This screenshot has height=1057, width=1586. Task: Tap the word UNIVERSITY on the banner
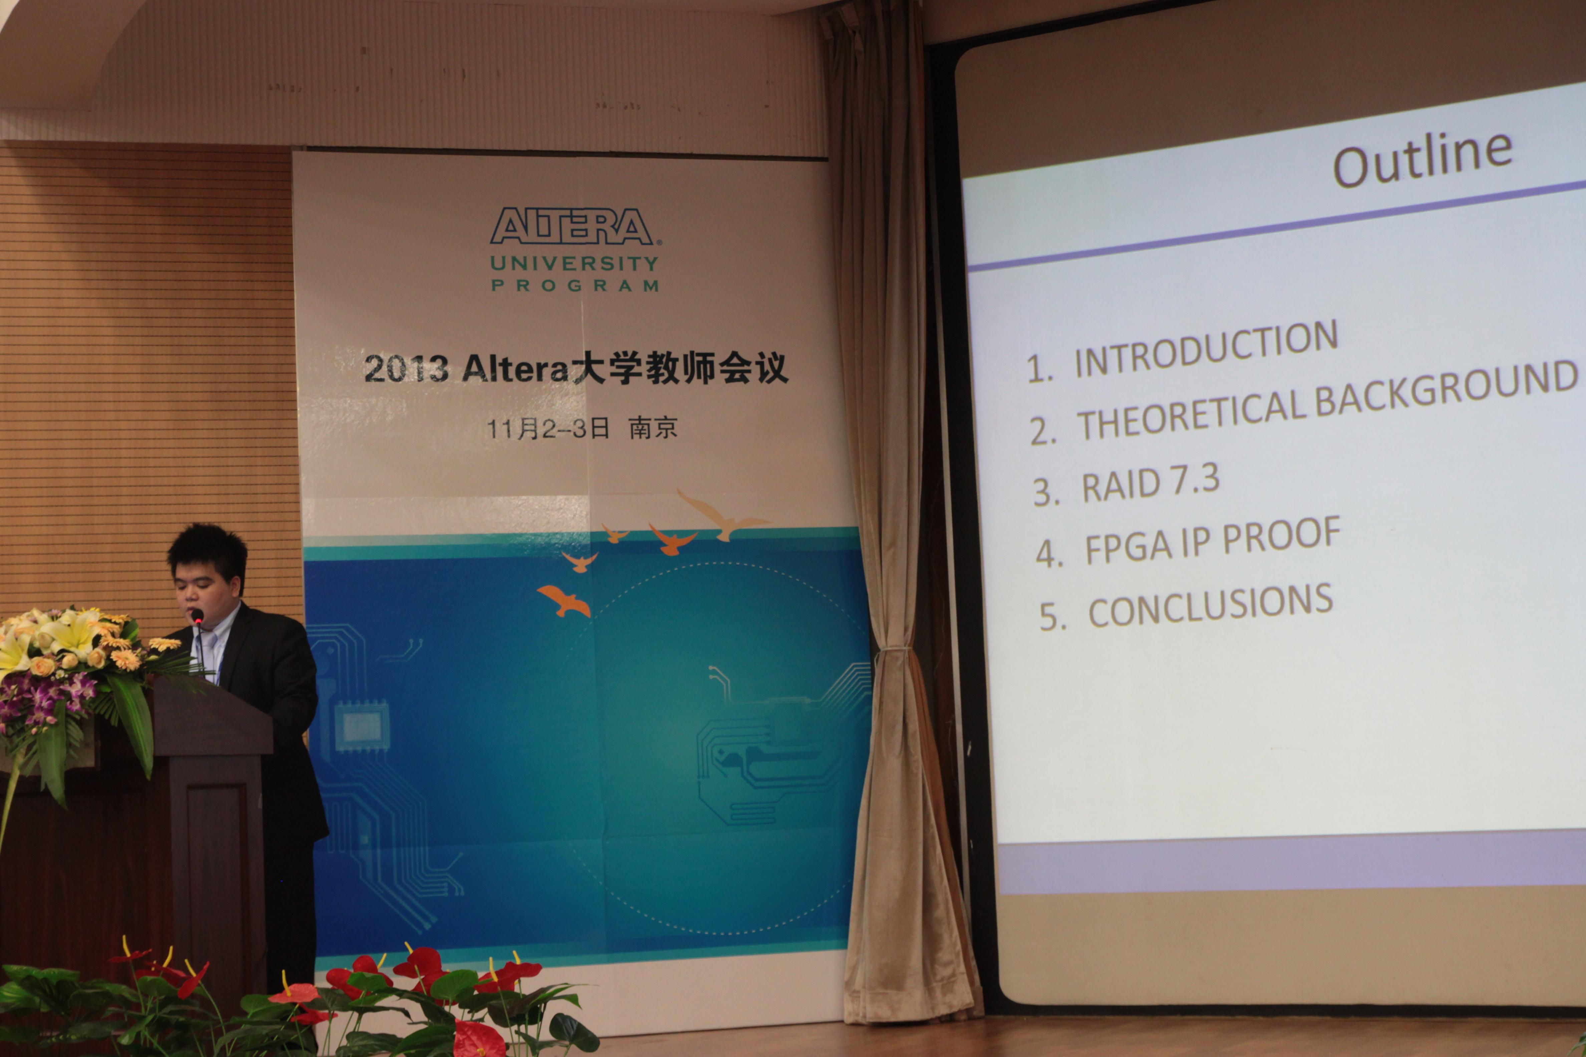574,264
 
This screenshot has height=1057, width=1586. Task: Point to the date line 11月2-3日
548,428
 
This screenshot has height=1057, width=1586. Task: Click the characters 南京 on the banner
653,427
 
